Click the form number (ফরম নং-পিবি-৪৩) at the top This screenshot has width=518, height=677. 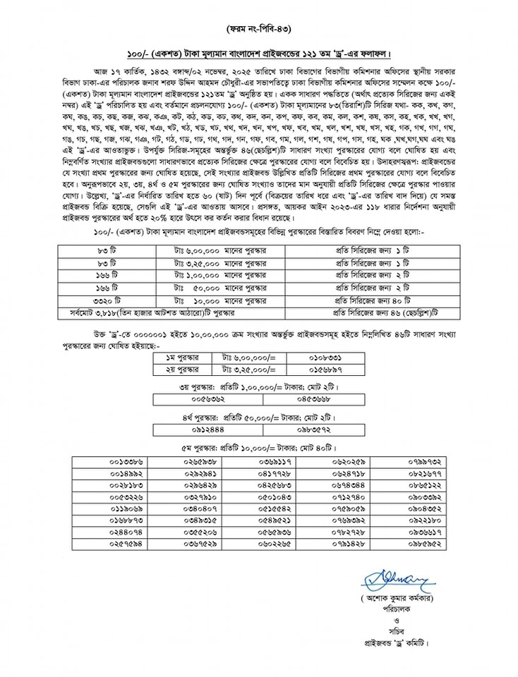pos(258,29)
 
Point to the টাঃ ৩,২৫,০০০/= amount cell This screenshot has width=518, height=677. pos(248,369)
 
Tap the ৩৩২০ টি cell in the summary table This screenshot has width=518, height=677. pos(107,300)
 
